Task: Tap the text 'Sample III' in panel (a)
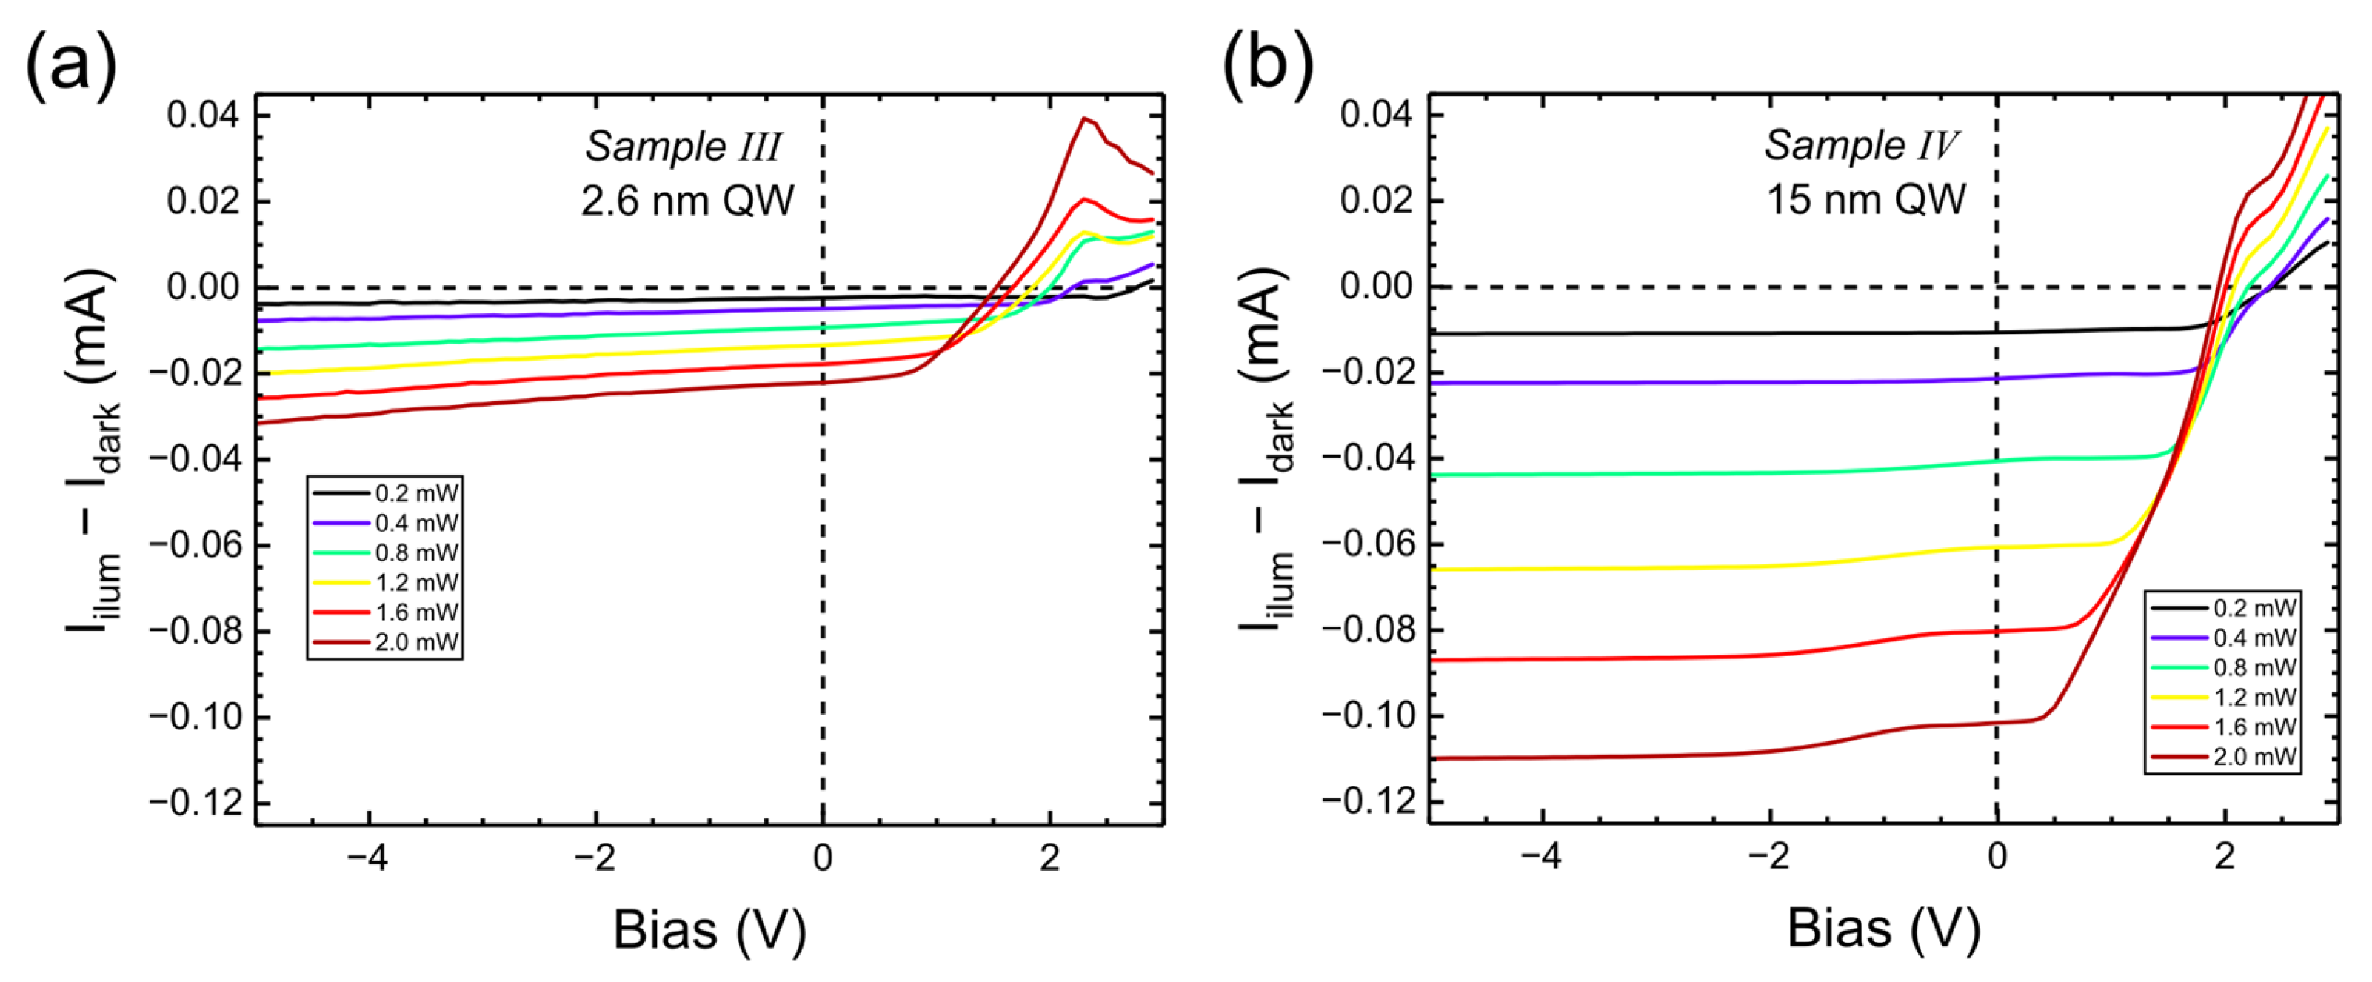tap(684, 147)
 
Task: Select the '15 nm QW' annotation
tap(1865, 200)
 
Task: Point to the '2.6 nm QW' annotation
tap(687, 201)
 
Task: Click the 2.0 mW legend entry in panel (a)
tap(387, 642)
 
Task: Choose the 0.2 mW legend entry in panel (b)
tap(2225, 608)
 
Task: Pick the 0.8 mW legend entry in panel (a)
tap(387, 552)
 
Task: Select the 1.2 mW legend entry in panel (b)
tap(2225, 698)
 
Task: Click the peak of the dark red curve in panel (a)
tap(1086, 118)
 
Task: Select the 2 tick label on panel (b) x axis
tap(2225, 858)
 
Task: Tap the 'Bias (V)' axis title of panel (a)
tap(709, 930)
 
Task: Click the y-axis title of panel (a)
tap(92, 452)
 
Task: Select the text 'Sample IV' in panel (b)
tap(1860, 146)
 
